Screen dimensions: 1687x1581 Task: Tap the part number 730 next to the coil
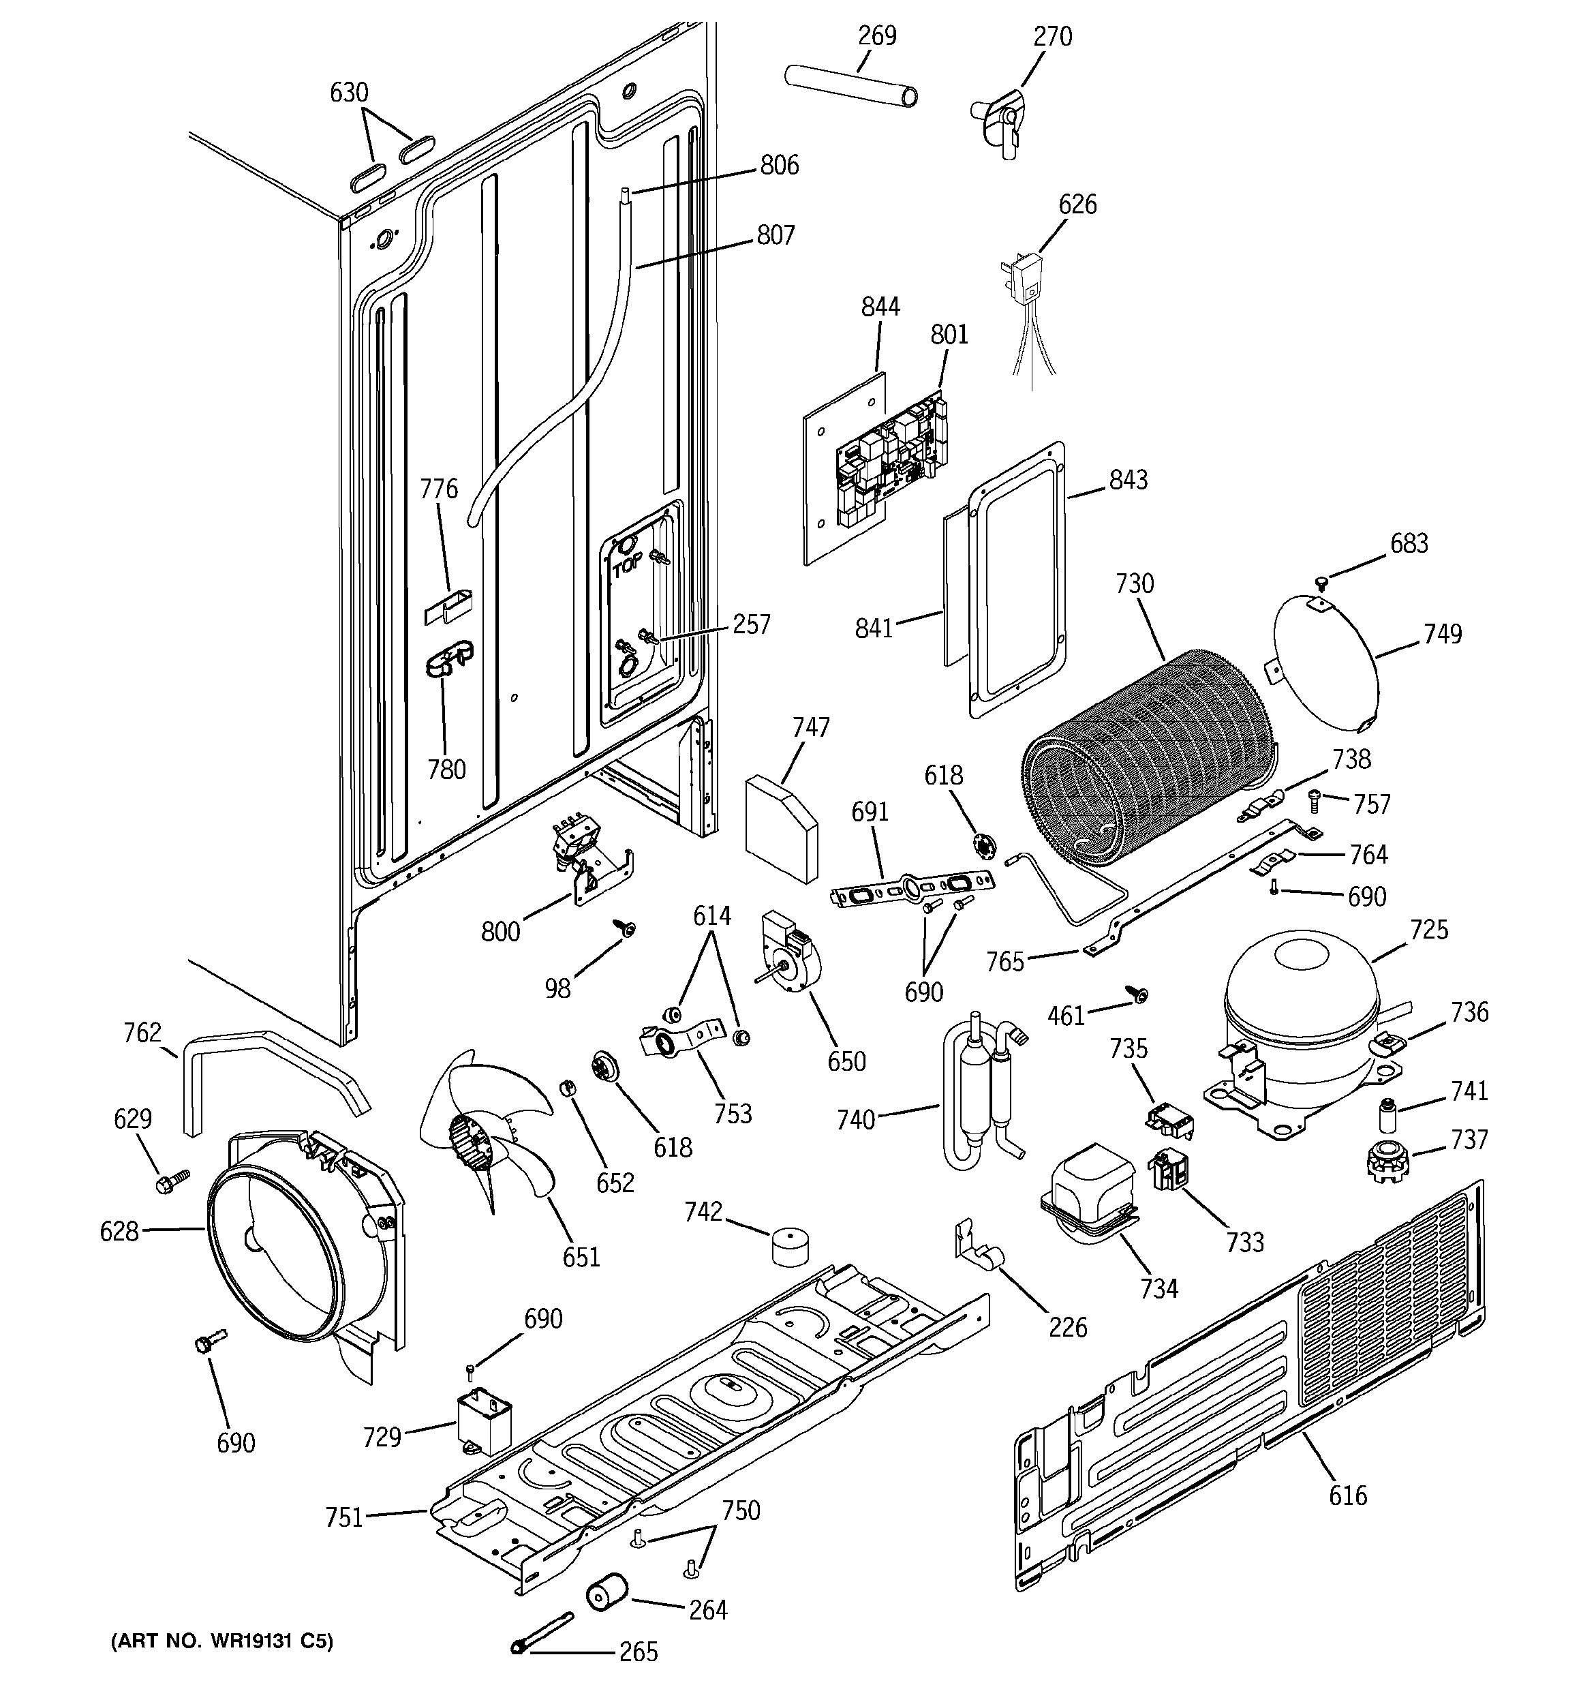coord(1134,585)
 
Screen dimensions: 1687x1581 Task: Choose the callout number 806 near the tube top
coord(779,165)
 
